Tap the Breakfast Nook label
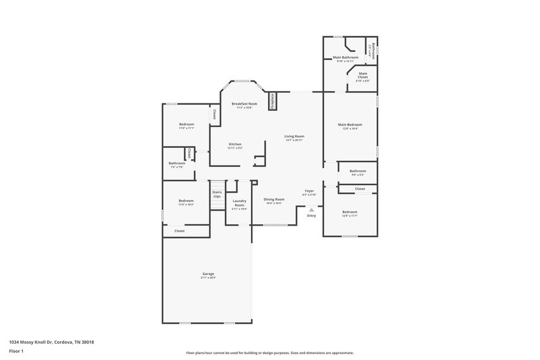(x=242, y=103)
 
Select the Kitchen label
(x=235, y=144)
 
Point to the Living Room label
(x=294, y=136)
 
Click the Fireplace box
(x=273, y=101)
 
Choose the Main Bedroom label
(x=350, y=125)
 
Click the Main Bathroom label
(x=345, y=58)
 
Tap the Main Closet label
(x=363, y=74)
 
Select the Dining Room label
(x=273, y=199)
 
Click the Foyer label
(x=309, y=192)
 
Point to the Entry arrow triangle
(x=311, y=209)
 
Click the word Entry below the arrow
(x=311, y=215)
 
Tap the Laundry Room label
(x=239, y=201)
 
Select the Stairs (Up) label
(x=217, y=194)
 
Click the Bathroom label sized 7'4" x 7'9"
(x=177, y=163)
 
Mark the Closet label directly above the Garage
(x=180, y=231)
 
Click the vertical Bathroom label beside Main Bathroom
(x=373, y=51)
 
